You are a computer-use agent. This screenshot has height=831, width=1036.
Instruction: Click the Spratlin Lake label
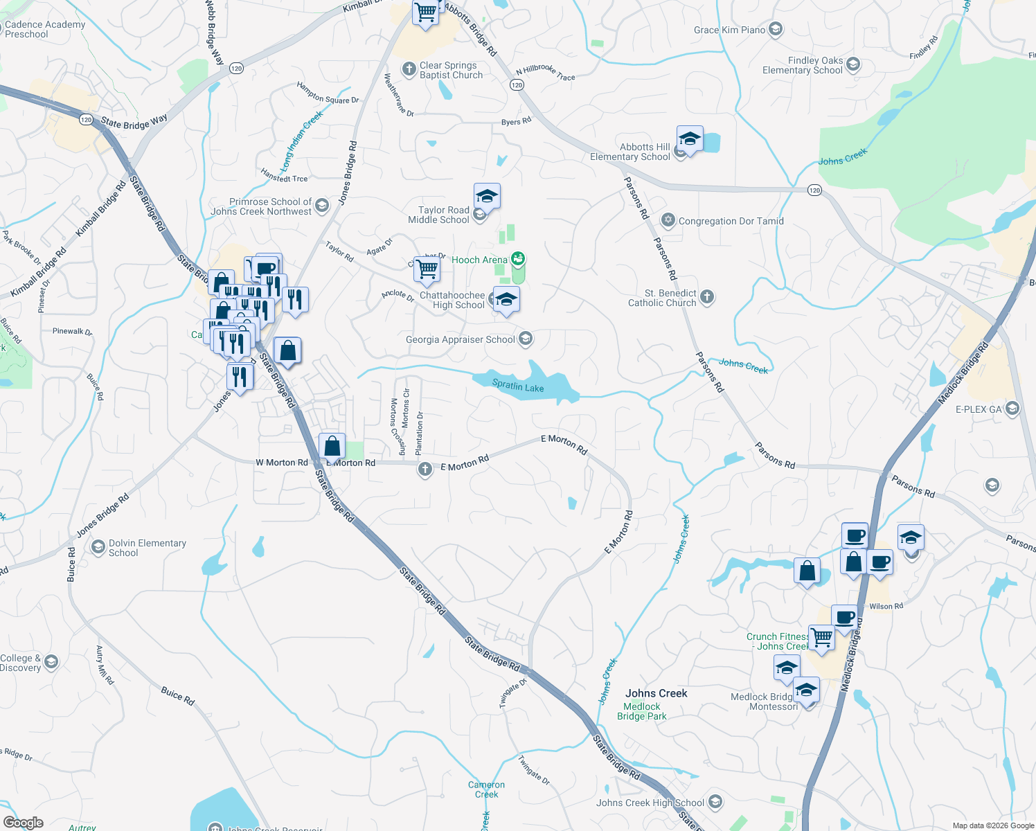click(518, 386)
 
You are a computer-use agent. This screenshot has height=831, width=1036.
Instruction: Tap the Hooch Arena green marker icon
click(518, 260)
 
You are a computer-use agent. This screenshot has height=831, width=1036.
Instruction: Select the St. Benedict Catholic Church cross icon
click(707, 297)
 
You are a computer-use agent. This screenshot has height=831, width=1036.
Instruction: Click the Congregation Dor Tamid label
click(731, 221)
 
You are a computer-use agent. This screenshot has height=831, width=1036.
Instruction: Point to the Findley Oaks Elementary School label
click(803, 65)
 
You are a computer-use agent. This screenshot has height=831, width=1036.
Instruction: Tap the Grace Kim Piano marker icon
click(776, 29)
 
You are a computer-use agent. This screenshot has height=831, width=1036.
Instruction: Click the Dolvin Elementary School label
click(147, 548)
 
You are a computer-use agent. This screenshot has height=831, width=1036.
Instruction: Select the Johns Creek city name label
click(656, 693)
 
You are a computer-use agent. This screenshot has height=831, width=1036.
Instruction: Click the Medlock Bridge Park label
click(642, 711)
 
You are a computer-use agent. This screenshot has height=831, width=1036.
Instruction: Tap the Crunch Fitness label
click(777, 641)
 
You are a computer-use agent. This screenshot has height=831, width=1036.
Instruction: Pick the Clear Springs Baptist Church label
click(451, 70)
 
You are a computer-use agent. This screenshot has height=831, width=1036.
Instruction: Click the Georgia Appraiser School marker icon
click(526, 339)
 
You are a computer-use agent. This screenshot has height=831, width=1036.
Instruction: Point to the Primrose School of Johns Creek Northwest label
click(262, 206)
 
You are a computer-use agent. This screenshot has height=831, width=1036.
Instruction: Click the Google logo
click(23, 823)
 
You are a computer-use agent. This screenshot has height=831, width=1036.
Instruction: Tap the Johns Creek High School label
click(650, 803)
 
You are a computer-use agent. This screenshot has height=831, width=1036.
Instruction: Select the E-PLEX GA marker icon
click(1013, 409)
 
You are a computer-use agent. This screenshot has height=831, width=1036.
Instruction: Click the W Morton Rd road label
click(282, 463)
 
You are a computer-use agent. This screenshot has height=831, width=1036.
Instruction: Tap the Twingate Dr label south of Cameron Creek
click(534, 770)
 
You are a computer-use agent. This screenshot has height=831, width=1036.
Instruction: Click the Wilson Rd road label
click(886, 607)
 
